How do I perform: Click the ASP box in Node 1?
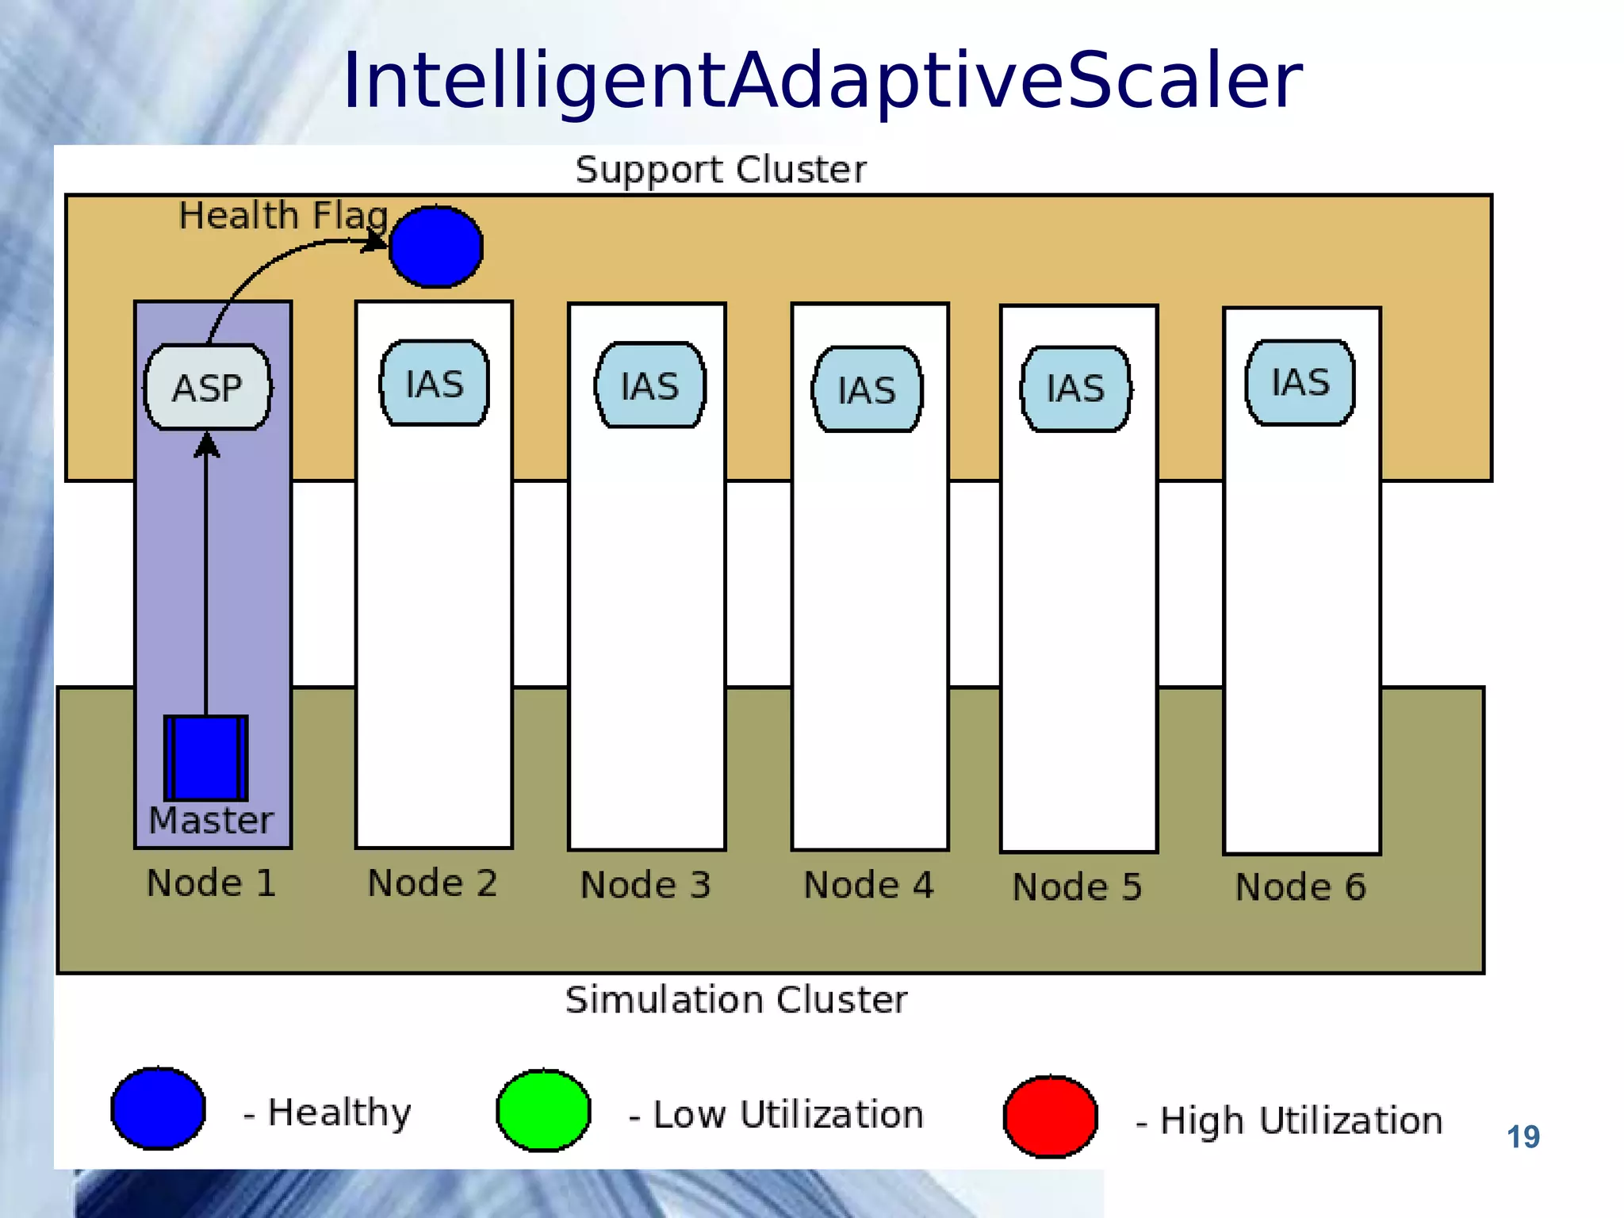tap(207, 387)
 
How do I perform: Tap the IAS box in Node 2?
tap(435, 384)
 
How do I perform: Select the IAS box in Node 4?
tap(867, 389)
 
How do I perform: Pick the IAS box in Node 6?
tap(1300, 383)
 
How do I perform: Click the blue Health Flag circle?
tap(435, 247)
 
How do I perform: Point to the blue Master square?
tap(206, 758)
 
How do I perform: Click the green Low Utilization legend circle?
tap(543, 1110)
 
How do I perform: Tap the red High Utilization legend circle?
tap(1050, 1116)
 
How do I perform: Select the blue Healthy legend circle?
tap(159, 1109)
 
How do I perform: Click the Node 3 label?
tap(645, 885)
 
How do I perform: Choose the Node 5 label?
tap(1078, 887)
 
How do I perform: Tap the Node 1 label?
tap(212, 883)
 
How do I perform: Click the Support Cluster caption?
tap(721, 170)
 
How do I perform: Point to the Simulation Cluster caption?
tap(736, 999)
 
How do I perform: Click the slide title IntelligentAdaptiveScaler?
tap(822, 81)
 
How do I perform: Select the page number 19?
tap(1522, 1137)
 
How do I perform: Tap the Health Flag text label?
tap(283, 216)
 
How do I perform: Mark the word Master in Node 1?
tap(211, 820)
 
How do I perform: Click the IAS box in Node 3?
tap(650, 386)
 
